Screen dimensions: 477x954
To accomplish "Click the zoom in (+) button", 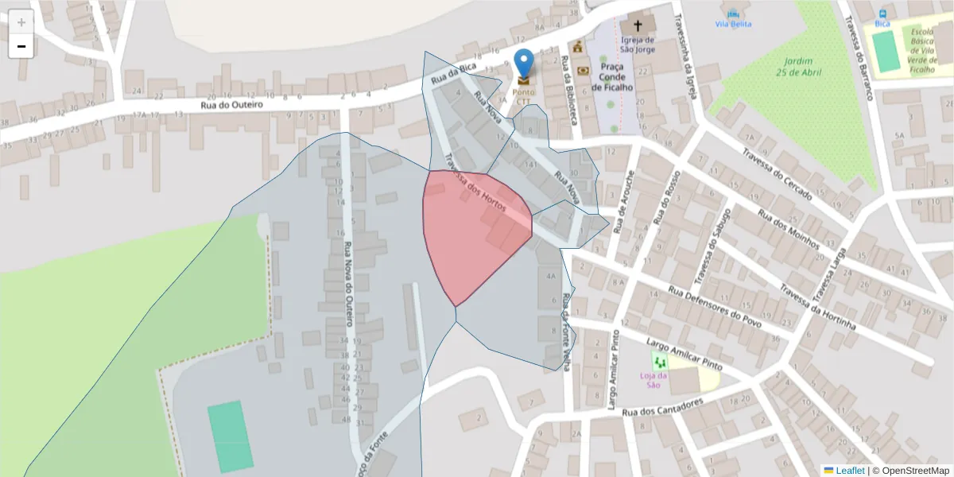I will [x=21, y=22].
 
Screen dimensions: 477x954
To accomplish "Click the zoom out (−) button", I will [x=21, y=46].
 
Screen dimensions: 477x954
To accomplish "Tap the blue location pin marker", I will [x=524, y=63].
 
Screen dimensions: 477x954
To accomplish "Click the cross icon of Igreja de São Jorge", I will [x=638, y=25].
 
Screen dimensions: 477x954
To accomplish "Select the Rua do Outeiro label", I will [x=231, y=104].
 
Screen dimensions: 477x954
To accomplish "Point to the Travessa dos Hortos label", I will [x=475, y=188].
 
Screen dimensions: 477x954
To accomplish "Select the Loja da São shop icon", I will [x=658, y=361].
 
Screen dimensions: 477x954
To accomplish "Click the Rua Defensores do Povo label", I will [x=715, y=307].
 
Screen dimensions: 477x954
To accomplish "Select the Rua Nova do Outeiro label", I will [x=347, y=285].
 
